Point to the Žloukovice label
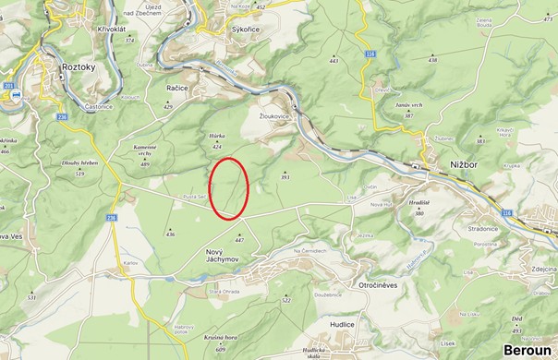coord(274,117)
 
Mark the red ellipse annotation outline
coord(212,188)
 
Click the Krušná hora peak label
coord(221,339)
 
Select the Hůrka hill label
coord(218,136)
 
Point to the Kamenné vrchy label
coord(145,150)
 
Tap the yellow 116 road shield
coord(370,55)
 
